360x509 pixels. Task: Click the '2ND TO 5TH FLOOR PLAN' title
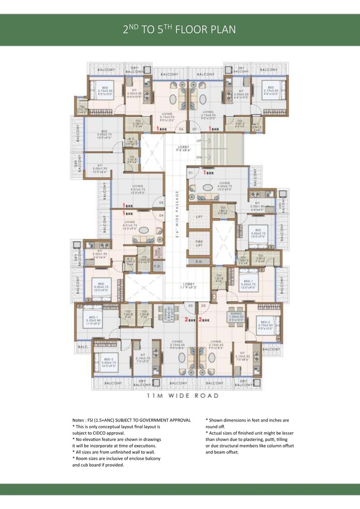pos(180,29)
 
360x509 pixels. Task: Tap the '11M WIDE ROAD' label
pos(183,395)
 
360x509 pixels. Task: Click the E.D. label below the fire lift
pos(199,262)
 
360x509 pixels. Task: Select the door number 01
pos(191,172)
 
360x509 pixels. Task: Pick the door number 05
pos(161,203)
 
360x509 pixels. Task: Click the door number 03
pos(191,305)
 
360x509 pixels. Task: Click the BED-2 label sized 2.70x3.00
pos(265,324)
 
